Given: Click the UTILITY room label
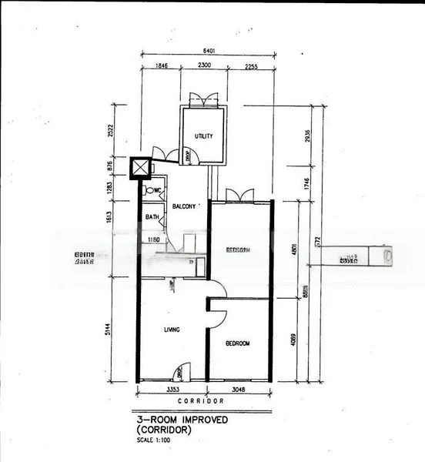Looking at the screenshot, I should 203,136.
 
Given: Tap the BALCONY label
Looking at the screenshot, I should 183,206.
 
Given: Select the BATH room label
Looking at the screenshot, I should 152,217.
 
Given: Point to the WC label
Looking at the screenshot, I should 157,190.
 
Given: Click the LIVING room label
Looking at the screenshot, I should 171,330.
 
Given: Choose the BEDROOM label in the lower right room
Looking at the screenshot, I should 238,343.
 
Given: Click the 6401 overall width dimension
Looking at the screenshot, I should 208,52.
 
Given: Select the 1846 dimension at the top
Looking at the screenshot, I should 161,67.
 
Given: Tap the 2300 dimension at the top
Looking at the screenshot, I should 204,67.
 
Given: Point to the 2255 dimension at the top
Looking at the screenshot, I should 250,67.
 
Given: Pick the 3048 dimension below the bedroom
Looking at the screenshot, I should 239,392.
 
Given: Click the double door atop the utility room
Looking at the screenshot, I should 202,100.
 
